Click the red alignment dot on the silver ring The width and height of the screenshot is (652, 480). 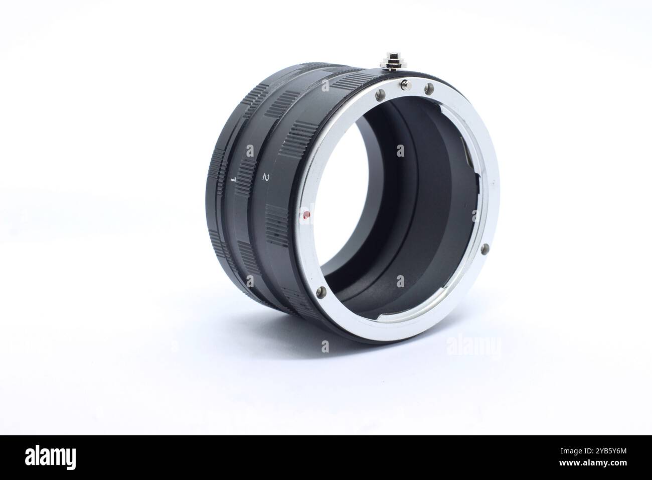(x=305, y=216)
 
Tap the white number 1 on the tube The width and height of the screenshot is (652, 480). (x=233, y=179)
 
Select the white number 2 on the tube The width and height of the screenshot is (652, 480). (x=265, y=177)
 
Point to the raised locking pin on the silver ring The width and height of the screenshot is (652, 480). (x=406, y=85)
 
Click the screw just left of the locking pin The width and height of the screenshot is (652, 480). (x=380, y=95)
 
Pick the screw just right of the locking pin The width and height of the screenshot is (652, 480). (x=429, y=89)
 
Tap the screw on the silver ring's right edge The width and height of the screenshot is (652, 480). (x=484, y=249)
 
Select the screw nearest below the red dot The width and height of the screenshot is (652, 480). (x=321, y=291)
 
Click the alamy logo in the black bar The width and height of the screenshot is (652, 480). (x=50, y=457)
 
